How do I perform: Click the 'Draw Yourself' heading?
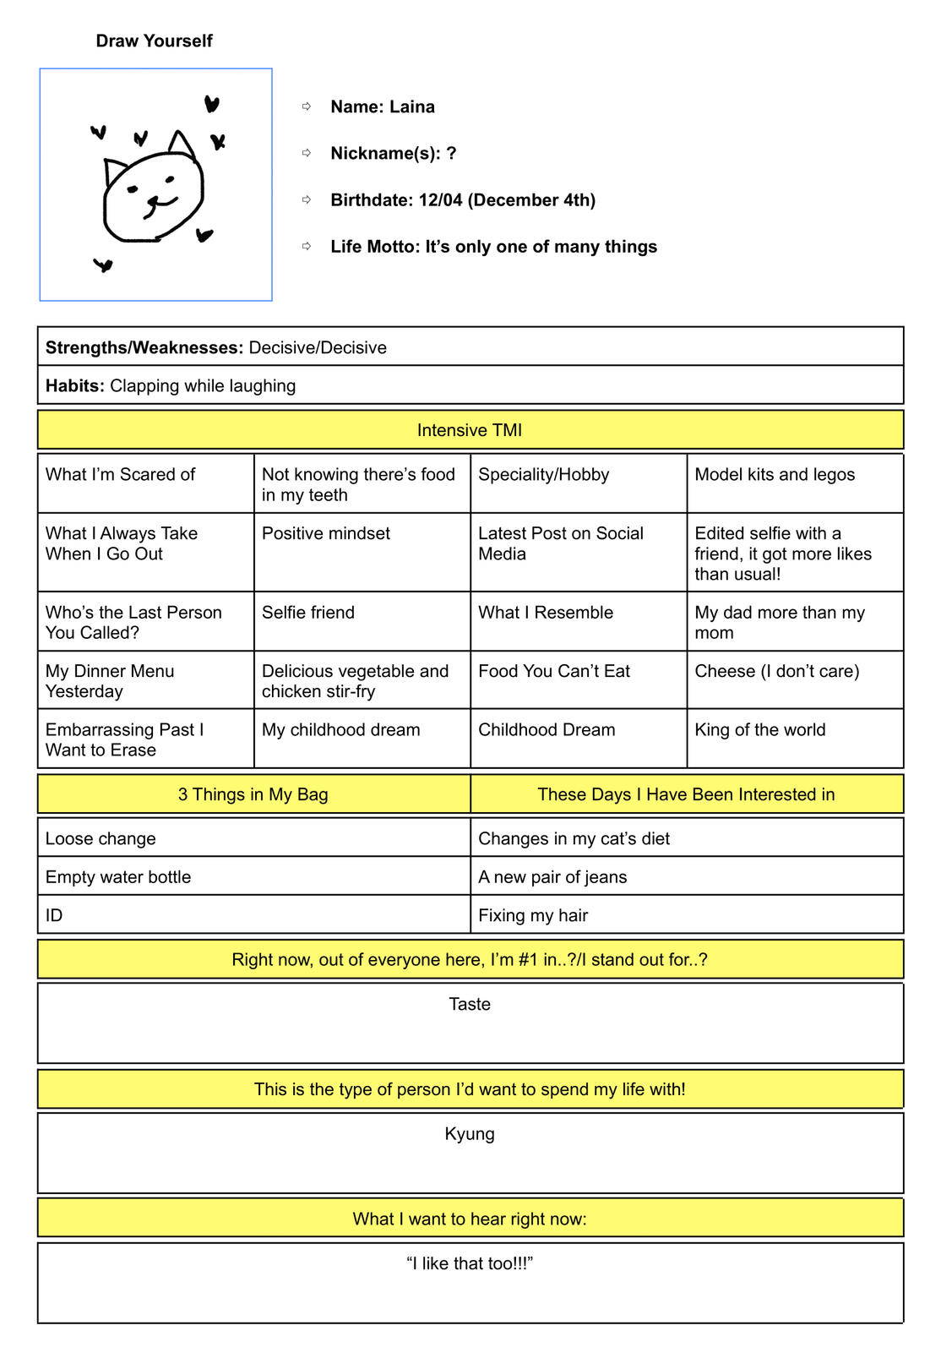point(154,41)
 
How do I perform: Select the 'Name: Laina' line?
point(382,106)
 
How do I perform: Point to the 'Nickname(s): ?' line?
point(393,153)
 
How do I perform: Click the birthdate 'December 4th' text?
point(531,200)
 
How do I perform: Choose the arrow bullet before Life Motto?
point(307,246)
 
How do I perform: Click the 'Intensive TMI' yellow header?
point(470,430)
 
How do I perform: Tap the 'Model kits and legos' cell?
point(775,475)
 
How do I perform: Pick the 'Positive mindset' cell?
point(326,533)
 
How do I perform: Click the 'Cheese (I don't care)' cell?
point(776,671)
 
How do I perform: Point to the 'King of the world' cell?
point(759,730)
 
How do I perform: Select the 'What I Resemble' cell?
point(546,613)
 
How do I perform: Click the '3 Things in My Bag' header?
point(253,794)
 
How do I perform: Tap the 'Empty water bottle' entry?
point(118,877)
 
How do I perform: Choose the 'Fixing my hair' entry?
point(533,915)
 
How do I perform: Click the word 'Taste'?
point(470,1004)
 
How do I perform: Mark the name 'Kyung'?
point(470,1134)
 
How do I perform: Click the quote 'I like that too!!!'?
point(470,1263)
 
